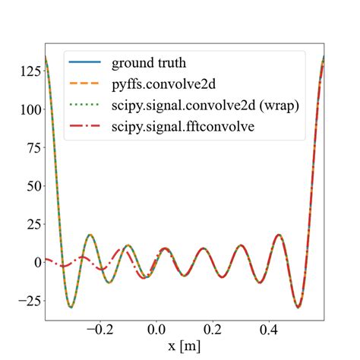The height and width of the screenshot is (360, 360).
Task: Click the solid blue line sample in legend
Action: point(85,62)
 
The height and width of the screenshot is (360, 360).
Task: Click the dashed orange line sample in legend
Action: point(85,84)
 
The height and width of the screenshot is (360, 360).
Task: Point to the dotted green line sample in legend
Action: point(85,106)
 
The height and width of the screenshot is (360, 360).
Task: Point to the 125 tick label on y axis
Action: point(24,72)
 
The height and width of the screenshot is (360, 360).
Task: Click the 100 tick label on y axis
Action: point(24,110)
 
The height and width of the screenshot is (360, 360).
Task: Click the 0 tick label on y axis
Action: point(32,262)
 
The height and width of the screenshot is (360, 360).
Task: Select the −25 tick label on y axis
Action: point(23,300)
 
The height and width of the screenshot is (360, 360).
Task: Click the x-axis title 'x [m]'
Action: point(185,348)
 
